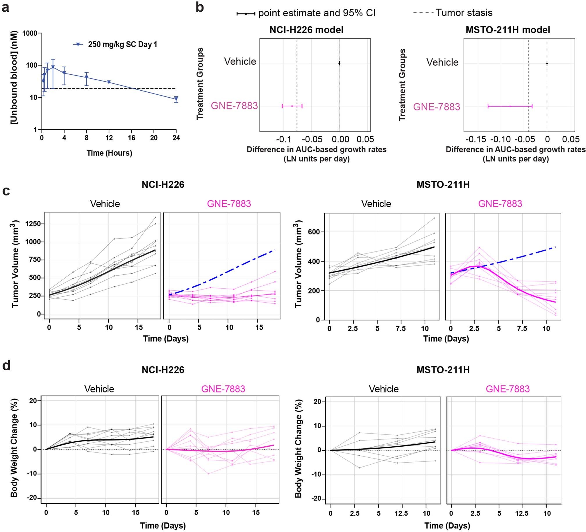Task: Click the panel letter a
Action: click(6, 8)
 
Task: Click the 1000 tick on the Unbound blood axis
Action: click(30, 33)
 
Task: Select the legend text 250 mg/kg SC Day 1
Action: click(122, 44)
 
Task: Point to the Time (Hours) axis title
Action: click(109, 153)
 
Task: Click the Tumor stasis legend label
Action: click(464, 13)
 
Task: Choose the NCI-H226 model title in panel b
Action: click(306, 30)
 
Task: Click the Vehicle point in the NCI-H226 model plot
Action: click(339, 63)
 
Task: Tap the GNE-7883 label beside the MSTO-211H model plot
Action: click(437, 107)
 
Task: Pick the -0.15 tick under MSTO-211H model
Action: click(476, 139)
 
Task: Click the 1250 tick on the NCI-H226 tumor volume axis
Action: click(33, 224)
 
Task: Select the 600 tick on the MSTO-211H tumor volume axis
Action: click(315, 232)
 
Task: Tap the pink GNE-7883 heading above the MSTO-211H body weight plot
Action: click(508, 389)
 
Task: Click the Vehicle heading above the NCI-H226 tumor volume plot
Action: click(105, 204)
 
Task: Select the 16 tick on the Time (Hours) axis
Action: click(131, 138)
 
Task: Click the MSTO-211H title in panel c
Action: click(443, 185)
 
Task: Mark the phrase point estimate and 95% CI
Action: click(317, 13)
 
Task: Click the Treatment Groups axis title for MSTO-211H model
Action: click(402, 85)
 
